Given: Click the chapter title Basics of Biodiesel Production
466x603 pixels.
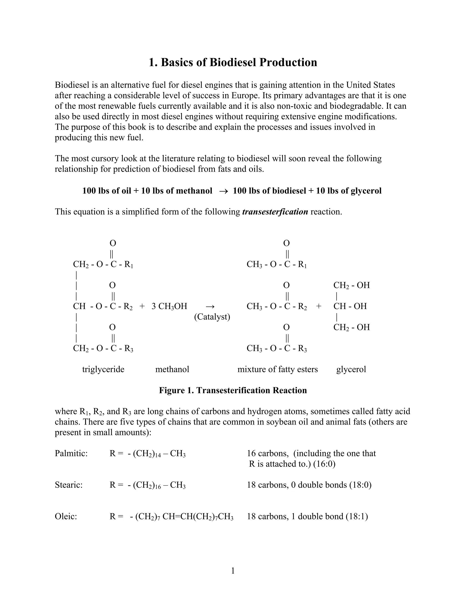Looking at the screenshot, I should (233, 62).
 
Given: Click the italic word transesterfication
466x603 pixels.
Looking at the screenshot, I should (275, 212).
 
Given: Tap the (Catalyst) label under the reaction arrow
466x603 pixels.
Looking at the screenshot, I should (212, 317).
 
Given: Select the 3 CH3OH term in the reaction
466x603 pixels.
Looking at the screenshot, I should (169, 306).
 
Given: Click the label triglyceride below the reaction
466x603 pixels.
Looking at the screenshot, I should (103, 369).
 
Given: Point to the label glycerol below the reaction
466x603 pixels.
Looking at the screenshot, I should (351, 369).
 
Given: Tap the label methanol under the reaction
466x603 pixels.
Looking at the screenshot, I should (172, 369).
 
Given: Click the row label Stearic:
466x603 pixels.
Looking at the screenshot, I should (69, 485).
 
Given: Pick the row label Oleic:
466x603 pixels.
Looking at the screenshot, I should (66, 516).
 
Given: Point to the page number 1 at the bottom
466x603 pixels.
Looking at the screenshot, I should (233, 571).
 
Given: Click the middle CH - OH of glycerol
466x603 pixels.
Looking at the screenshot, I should (350, 306).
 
